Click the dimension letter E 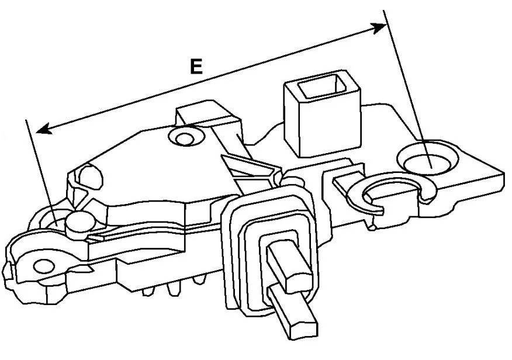pyautogui.click(x=196, y=67)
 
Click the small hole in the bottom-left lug pyautogui.click(x=44, y=266)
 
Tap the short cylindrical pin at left pyautogui.click(x=80, y=225)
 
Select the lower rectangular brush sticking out pyautogui.click(x=293, y=311)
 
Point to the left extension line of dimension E pyautogui.click(x=41, y=172)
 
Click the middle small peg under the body pyautogui.click(x=173, y=289)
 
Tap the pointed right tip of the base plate pyautogui.click(x=503, y=174)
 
